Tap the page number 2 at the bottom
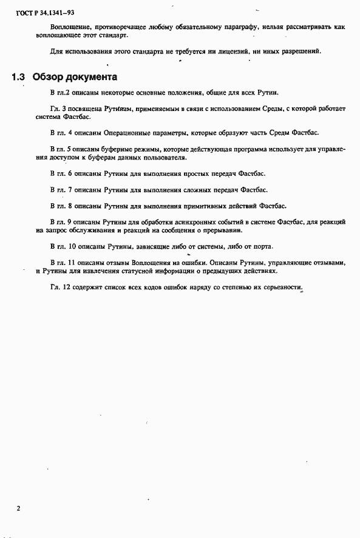pyautogui.click(x=18, y=508)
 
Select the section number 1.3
pyautogui.click(x=18, y=78)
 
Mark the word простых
pyautogui.click(x=186, y=173)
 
